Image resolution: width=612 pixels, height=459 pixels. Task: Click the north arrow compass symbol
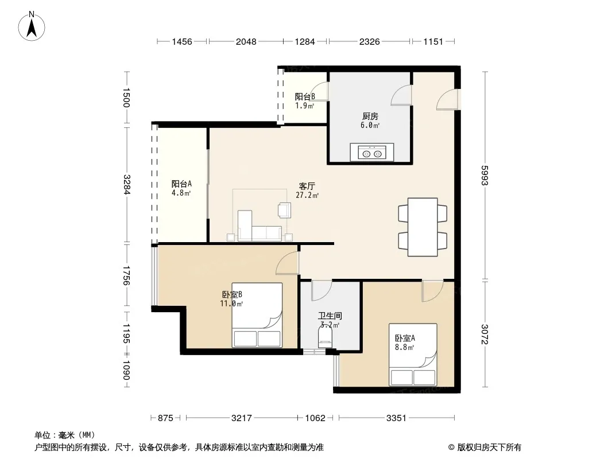point(32,26)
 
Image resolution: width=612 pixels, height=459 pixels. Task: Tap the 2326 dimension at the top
point(369,41)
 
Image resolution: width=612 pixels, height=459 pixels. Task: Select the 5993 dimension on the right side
point(485,176)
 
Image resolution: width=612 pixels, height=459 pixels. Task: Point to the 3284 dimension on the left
point(126,184)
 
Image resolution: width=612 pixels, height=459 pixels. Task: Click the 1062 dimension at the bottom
point(315,418)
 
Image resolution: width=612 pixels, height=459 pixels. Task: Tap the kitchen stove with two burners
point(372,152)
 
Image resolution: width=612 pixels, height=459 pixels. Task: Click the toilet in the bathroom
point(326,336)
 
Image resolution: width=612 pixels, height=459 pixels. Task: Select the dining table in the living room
point(423,227)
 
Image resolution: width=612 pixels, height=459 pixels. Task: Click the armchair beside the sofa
point(284,210)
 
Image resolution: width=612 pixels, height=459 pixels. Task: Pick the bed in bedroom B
point(257,315)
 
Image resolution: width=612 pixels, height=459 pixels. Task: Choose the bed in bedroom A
point(413,355)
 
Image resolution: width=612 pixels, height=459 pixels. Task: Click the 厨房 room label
point(370,116)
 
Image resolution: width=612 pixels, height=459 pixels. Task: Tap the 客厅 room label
point(307,186)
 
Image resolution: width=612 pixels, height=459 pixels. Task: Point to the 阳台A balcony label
point(181,184)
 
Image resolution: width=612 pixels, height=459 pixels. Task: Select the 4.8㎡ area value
point(181,193)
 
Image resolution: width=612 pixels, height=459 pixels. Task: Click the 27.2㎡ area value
point(307,196)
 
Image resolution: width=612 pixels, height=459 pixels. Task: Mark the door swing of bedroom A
point(432,291)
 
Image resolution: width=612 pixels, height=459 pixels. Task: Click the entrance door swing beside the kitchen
point(447,99)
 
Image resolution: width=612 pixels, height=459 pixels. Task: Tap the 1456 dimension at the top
point(182,41)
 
